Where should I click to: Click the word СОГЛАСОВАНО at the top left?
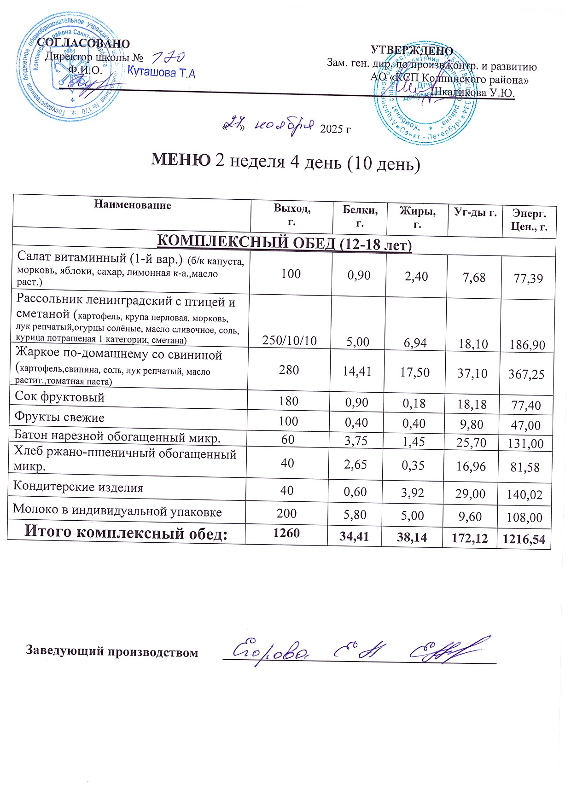tap(83, 43)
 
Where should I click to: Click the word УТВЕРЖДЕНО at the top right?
tap(412, 51)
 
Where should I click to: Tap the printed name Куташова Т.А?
tap(161, 73)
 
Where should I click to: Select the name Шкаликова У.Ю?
tap(474, 93)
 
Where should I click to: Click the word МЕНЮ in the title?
tap(181, 160)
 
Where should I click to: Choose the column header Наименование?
tap(133, 205)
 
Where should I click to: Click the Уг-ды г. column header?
tap(475, 212)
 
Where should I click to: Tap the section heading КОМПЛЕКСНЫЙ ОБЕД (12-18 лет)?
tap(285, 243)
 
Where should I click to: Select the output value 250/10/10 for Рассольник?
tap(289, 341)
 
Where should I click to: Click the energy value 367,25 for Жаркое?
tap(526, 374)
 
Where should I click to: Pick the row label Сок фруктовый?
tap(60, 397)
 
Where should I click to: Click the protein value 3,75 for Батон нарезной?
tap(356, 441)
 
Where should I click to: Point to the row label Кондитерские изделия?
tap(78, 487)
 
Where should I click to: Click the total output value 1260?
tap(286, 533)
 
